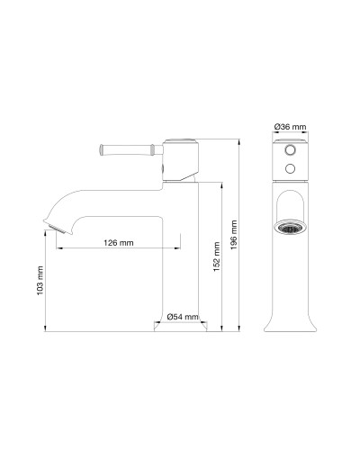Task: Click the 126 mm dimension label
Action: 119,243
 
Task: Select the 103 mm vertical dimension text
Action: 40,281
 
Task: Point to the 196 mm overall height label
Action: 234,237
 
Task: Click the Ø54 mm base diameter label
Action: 184,318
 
